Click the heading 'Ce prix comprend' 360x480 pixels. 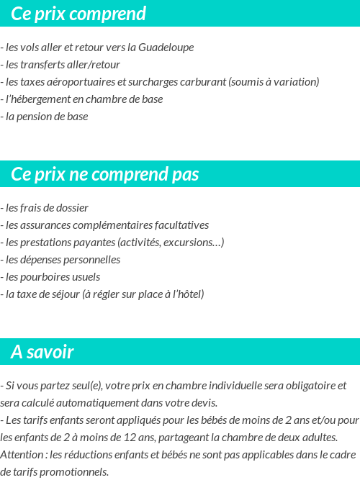pos(78,14)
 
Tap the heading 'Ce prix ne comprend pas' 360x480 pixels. pos(105,175)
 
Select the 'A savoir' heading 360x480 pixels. pos(42,353)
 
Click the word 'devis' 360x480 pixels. pos(202,403)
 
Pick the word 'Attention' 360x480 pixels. pos(21,455)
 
